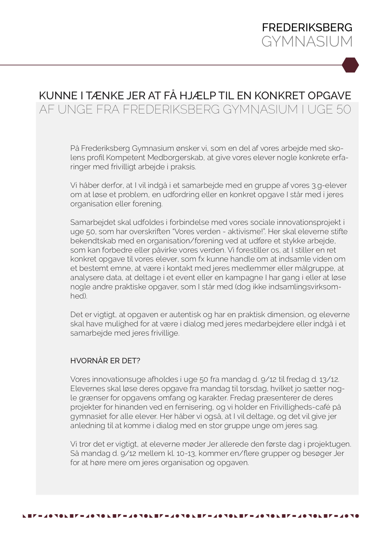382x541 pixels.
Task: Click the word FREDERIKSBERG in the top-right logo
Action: pos(307,28)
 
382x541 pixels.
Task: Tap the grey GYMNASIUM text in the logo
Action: pos(307,42)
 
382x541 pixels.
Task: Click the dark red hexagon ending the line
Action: pos(350,65)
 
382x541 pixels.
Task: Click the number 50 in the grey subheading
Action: pos(343,109)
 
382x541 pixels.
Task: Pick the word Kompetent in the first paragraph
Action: pos(125,158)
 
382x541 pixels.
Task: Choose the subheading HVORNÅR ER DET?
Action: pos(105,361)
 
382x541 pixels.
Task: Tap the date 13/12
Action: pos(329,379)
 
